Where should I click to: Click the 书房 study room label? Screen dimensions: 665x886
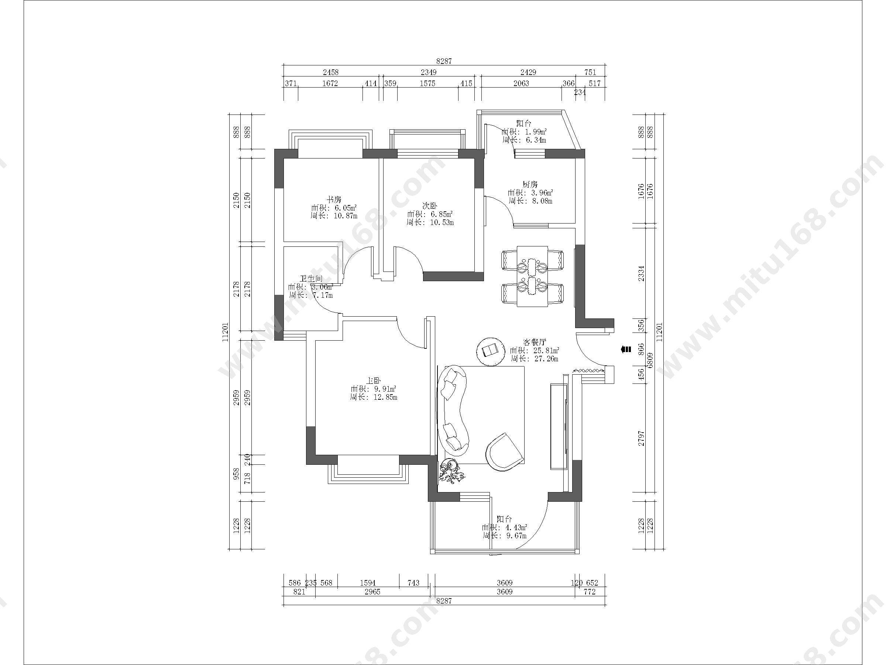(334, 199)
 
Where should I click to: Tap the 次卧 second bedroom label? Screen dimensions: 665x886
(430, 206)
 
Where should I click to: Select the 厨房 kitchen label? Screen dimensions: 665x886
(530, 184)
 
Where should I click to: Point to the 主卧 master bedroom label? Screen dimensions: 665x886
(373, 381)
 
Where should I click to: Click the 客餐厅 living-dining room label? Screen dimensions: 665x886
(534, 342)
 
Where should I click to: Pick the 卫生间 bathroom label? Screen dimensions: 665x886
(311, 278)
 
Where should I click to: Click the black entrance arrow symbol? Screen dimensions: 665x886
(626, 349)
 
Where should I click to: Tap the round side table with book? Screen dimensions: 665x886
(490, 351)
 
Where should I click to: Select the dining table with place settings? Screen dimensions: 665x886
(532, 276)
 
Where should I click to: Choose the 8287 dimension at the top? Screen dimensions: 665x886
(444, 61)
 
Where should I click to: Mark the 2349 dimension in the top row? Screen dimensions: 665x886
(428, 72)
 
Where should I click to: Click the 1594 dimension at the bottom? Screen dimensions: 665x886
(368, 583)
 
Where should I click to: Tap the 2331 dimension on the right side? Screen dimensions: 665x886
(641, 273)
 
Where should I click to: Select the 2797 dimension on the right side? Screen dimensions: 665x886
(641, 439)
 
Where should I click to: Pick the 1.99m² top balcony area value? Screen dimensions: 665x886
(535, 132)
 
